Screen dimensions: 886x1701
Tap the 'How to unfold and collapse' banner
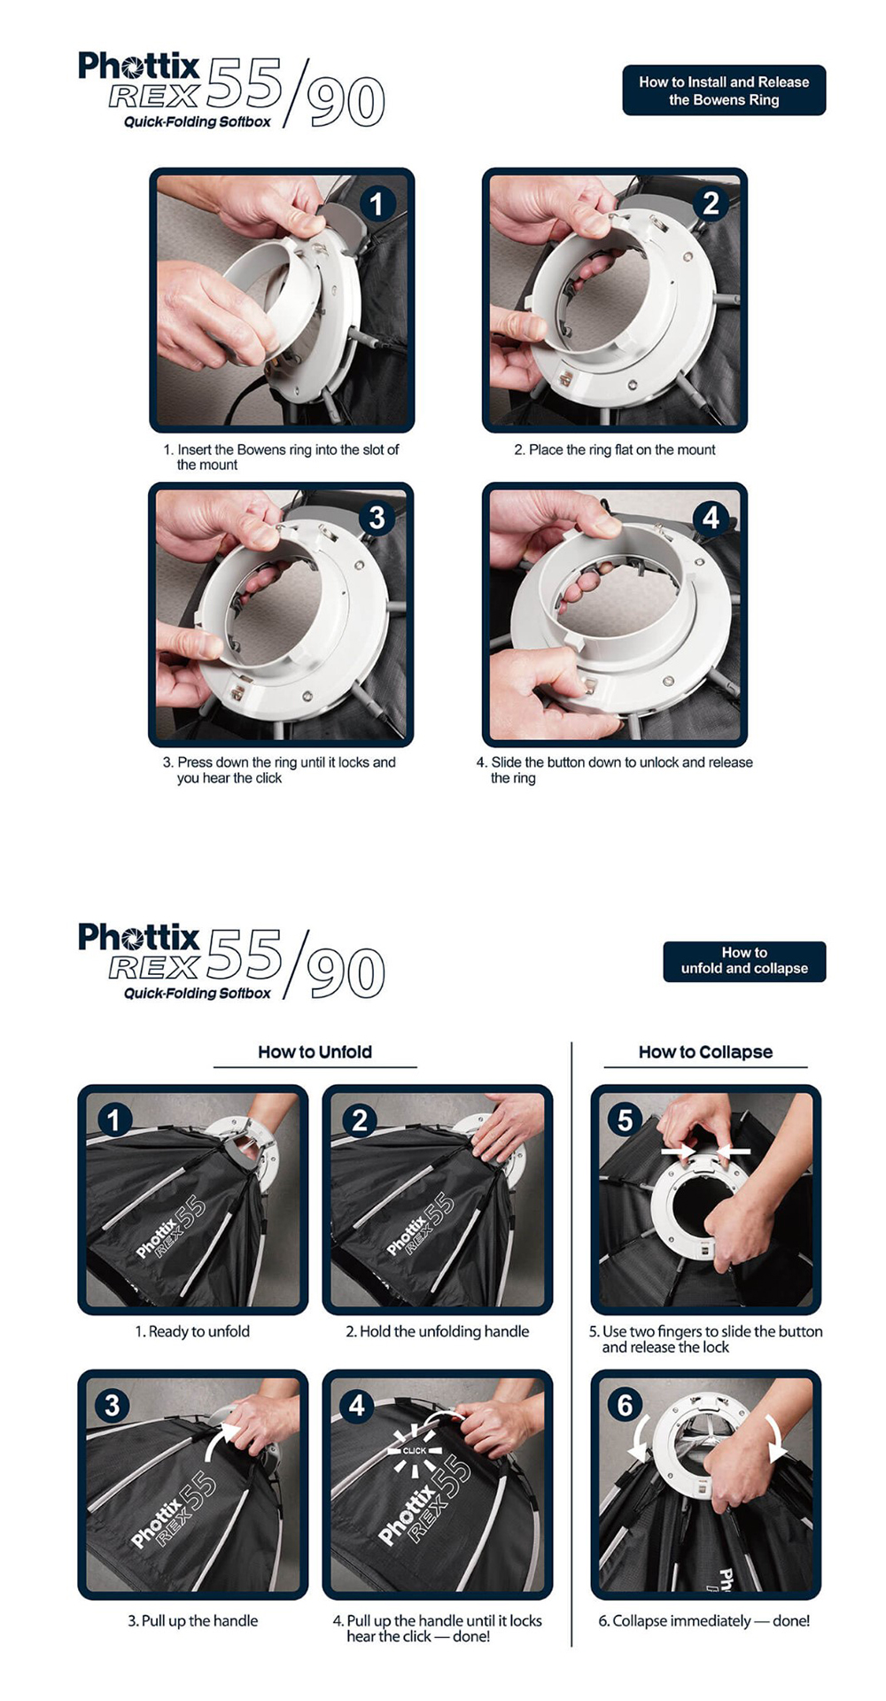(744, 961)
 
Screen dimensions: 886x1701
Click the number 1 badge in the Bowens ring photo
(377, 204)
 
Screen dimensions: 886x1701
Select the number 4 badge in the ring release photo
(711, 518)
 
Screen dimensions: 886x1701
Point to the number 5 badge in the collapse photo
(625, 1120)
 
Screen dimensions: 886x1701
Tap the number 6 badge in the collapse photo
(625, 1404)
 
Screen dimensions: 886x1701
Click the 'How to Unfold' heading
(315, 1052)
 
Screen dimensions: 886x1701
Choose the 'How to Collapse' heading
(705, 1052)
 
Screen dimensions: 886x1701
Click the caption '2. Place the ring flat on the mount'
(615, 450)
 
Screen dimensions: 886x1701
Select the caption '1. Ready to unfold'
(192, 1331)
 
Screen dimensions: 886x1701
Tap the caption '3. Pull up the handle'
(193, 1620)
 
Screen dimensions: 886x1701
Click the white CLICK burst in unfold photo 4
(415, 1451)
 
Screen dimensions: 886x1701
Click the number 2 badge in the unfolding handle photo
(359, 1120)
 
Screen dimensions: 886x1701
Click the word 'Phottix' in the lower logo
(139, 937)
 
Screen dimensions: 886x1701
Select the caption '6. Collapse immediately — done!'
(704, 1620)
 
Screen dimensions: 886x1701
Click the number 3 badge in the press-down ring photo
(377, 518)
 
